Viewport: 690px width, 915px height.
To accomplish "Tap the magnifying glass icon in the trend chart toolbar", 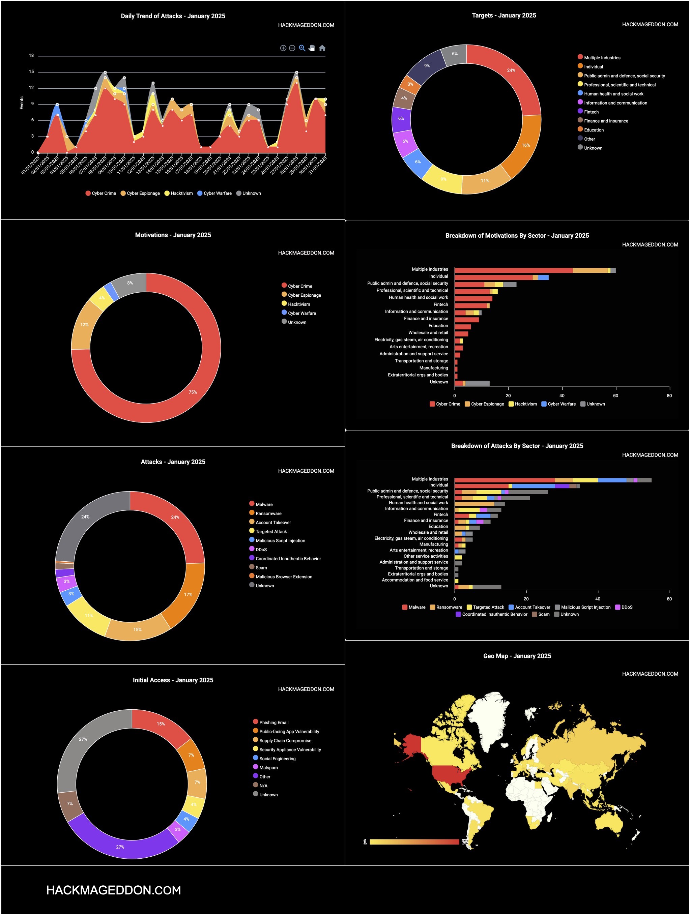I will point(302,48).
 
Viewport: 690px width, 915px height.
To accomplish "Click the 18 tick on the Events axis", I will point(31,55).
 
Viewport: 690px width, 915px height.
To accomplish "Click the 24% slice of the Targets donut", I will point(511,70).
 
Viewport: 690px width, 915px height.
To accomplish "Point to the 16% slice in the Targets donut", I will point(525,145).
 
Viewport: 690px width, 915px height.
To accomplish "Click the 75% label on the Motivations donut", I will point(193,392).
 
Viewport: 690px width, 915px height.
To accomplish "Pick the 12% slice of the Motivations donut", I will point(85,325).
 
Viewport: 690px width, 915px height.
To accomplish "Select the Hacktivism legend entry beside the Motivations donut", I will point(299,304).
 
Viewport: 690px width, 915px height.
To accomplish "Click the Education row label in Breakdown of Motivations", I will point(438,326).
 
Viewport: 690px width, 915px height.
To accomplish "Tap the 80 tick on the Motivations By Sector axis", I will point(669,395).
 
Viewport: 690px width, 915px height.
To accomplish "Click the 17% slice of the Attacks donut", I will point(188,594).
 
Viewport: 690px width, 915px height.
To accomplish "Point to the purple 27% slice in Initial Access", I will point(120,847).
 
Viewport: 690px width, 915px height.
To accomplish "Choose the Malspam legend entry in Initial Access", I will point(268,767).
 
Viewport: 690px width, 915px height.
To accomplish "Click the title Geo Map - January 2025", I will point(517,656).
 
